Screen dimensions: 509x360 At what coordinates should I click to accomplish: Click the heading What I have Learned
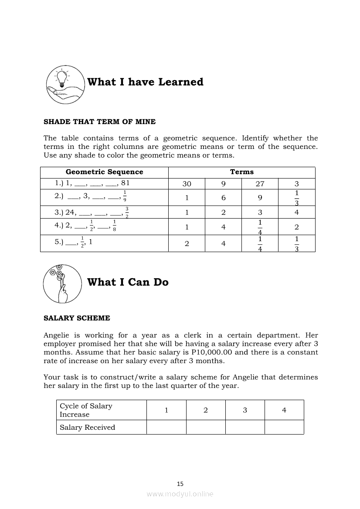[145, 82]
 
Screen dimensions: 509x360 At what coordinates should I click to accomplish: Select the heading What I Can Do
[128, 282]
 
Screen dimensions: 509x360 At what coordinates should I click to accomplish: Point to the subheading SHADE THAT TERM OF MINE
[99, 122]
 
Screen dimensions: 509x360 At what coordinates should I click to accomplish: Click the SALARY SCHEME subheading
[77, 318]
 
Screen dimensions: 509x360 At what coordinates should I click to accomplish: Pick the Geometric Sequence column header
[104, 172]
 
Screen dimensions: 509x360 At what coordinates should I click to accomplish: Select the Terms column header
[242, 172]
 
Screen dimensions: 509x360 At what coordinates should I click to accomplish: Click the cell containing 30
[187, 184]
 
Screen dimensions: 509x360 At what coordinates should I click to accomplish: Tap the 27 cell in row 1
[260, 184]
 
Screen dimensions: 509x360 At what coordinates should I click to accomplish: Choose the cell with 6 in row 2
[223, 198]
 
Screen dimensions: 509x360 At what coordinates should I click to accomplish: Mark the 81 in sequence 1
[126, 183]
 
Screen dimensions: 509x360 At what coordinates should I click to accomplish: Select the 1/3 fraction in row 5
[296, 244]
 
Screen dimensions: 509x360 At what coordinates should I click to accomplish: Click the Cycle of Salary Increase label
[86, 410]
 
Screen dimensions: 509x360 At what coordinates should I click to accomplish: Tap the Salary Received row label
[87, 428]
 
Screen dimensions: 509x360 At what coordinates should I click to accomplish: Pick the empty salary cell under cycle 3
[245, 428]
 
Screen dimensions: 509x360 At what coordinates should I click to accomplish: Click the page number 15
[180, 484]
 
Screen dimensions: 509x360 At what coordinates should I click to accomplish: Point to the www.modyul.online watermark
[180, 494]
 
